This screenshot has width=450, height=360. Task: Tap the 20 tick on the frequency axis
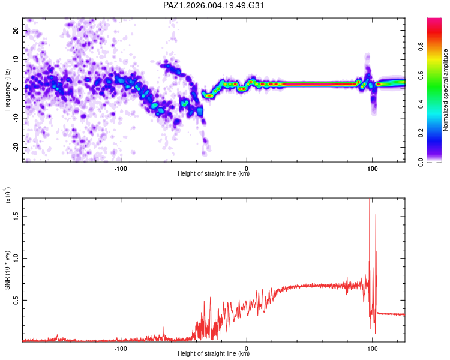point(16,30)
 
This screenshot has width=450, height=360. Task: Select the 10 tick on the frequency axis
point(16,59)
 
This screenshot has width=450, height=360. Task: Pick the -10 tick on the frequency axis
point(16,118)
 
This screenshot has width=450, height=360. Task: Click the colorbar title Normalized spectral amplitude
point(446,90)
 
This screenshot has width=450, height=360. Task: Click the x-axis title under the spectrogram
point(214,174)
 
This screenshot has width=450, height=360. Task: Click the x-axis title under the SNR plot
point(214,354)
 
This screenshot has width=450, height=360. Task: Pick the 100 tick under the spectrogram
point(372,168)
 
